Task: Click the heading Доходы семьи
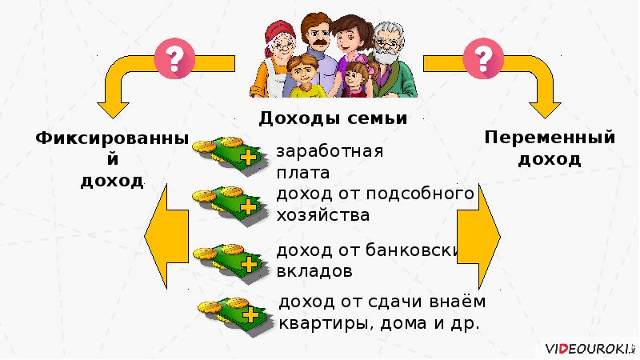[333, 118]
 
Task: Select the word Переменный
[550, 138]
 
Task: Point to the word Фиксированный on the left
[112, 139]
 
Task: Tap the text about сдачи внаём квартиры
[381, 313]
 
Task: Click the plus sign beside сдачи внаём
[251, 314]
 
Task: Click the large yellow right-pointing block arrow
[479, 238]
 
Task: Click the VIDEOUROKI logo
[587, 349]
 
